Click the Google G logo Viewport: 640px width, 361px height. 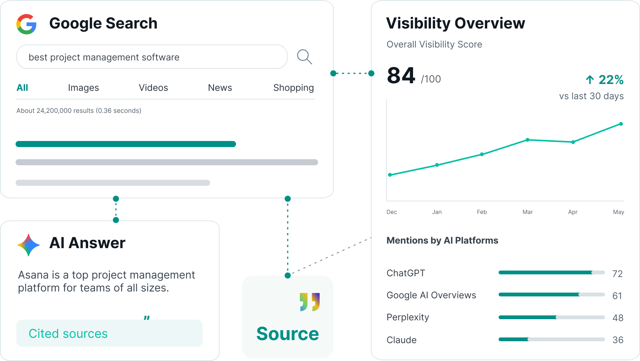[x=26, y=24]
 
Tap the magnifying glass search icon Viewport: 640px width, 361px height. [x=304, y=57]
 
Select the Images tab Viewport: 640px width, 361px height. [x=84, y=88]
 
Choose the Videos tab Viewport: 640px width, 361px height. [x=154, y=88]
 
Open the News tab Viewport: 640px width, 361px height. [x=220, y=88]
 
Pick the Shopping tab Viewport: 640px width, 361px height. [x=293, y=88]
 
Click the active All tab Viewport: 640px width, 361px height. [x=22, y=88]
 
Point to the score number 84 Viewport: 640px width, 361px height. [x=401, y=75]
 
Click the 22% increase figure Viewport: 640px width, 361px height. [x=611, y=80]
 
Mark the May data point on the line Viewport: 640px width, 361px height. [x=621, y=124]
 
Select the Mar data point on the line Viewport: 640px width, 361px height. [x=528, y=140]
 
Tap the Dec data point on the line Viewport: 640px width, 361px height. [x=390, y=175]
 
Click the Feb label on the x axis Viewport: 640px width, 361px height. [x=482, y=212]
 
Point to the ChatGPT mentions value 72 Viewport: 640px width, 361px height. [x=618, y=274]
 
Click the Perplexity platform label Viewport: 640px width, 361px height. [x=408, y=317]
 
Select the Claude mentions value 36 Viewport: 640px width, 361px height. [x=618, y=340]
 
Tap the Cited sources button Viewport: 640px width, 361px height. [x=109, y=333]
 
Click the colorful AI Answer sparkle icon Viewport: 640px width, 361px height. [x=28, y=245]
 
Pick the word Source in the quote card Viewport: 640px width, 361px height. [x=287, y=334]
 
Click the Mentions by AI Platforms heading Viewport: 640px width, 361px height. [x=442, y=241]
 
